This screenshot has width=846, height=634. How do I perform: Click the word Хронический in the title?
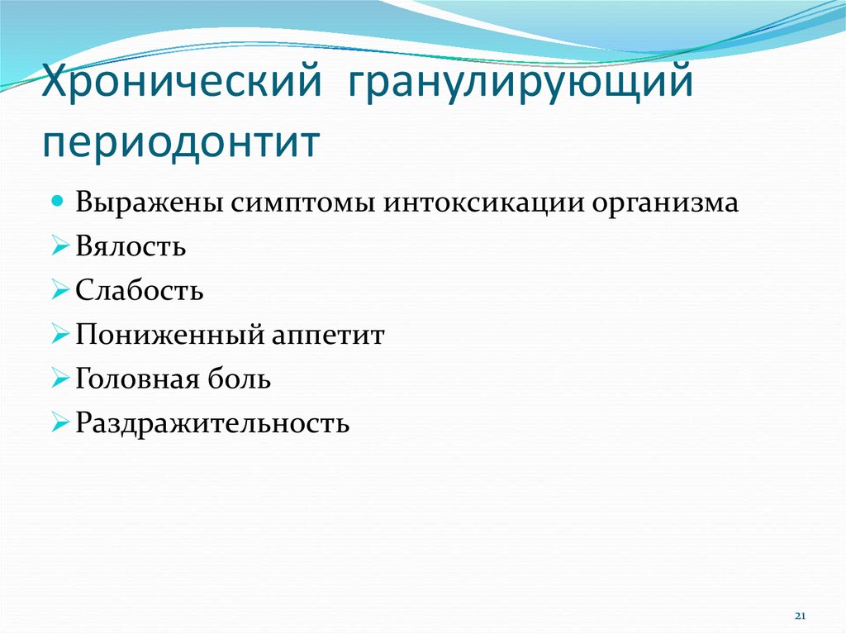pos(181,80)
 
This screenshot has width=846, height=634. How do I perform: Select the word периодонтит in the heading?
pos(181,143)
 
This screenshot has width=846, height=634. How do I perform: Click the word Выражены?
pos(150,203)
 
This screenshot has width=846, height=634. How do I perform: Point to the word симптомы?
pos(303,203)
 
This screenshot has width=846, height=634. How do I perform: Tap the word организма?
pos(665,205)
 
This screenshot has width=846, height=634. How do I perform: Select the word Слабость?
pos(139,290)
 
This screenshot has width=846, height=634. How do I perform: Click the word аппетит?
pos(328,336)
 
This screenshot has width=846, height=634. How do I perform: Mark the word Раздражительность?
pos(212,423)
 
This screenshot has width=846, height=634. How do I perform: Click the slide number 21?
pos(800,616)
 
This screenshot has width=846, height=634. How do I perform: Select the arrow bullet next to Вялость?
pos(59,246)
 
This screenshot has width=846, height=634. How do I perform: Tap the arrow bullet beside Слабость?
pos(59,290)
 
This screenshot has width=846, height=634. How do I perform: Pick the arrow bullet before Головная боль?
pos(59,379)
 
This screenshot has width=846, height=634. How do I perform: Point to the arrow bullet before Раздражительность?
pos(59,423)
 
